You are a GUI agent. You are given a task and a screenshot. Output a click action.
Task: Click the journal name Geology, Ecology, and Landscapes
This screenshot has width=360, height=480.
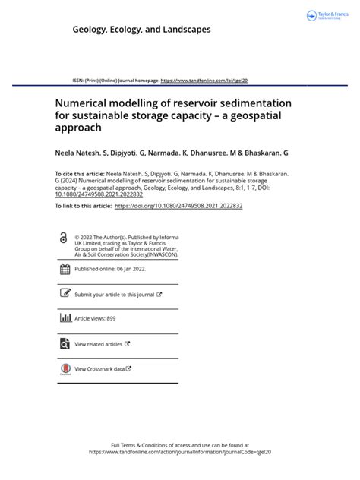coord(141,29)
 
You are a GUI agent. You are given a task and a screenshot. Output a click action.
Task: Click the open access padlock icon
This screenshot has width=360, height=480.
coord(62,238)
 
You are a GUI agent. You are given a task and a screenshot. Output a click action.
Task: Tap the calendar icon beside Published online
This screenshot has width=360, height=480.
coord(65,269)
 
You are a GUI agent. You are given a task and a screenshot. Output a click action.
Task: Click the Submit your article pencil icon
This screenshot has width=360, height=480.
coord(65,294)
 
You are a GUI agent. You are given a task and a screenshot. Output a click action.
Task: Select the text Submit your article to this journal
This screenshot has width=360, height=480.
coord(114,294)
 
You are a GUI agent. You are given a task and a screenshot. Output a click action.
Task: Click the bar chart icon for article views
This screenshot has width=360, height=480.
coord(65,319)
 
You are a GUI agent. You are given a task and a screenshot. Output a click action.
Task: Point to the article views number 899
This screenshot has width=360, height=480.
coord(110,319)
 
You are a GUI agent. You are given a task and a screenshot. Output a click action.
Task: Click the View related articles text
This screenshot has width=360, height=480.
coord(99,344)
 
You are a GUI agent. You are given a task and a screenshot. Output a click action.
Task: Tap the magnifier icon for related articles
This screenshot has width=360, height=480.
coord(65,344)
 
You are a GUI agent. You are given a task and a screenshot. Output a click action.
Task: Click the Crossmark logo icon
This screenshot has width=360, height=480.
coord(65,369)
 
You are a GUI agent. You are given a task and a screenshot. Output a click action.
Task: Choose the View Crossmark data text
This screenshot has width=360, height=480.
coord(99,369)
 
